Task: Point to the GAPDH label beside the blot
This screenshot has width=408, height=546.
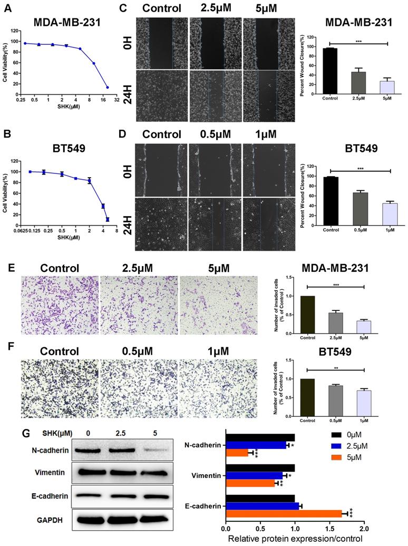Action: click(x=50, y=520)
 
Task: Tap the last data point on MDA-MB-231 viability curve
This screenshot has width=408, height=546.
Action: click(x=108, y=87)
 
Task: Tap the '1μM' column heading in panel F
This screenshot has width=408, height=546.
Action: click(x=218, y=351)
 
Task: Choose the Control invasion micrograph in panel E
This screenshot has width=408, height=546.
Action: click(x=60, y=304)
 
